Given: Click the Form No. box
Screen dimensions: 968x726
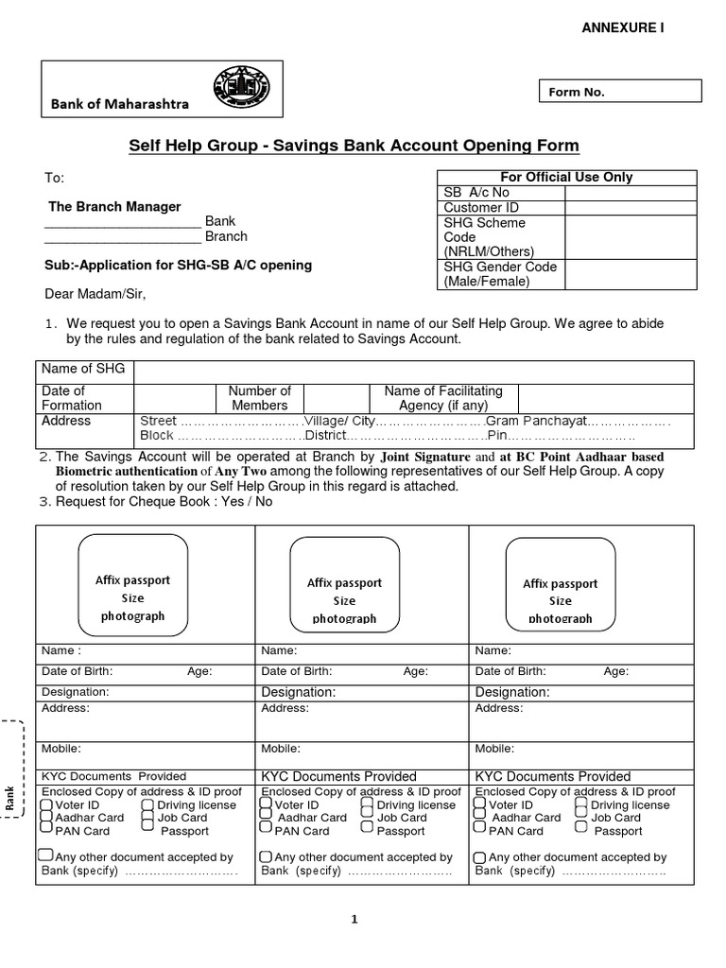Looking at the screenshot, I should click(620, 92).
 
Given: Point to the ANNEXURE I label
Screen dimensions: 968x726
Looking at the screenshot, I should click(622, 27).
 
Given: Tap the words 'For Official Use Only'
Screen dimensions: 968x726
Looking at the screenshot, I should click(565, 177).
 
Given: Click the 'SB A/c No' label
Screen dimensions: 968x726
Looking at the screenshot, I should click(476, 193).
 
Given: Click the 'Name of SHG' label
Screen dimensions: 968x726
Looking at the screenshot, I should click(84, 369).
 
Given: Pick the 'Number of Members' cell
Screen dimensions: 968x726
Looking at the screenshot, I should click(261, 398).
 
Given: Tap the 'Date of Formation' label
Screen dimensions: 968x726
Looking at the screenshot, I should click(72, 398).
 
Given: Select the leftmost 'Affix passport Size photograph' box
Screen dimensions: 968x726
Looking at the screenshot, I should click(132, 580).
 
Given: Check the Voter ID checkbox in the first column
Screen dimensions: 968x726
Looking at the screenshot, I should click(47, 804).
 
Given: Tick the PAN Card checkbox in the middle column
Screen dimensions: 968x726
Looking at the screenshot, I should click(267, 830).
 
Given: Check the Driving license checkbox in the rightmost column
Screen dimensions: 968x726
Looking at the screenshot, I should click(580, 804).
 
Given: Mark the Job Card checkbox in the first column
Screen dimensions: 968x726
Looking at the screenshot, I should click(147, 817).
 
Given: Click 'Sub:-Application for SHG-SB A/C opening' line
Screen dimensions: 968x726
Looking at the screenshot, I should click(179, 265).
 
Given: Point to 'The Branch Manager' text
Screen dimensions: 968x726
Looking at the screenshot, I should click(114, 206).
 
